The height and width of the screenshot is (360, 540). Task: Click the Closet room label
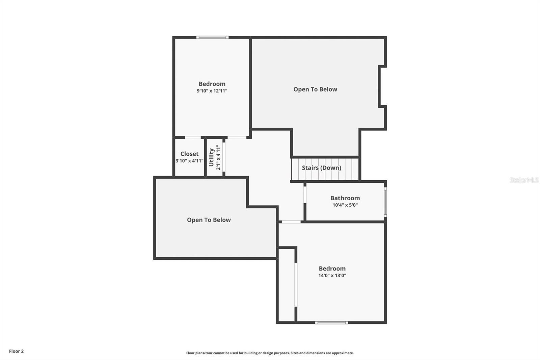(x=189, y=154)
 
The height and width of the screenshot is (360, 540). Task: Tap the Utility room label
(x=212, y=157)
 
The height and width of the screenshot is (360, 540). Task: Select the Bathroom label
(x=345, y=198)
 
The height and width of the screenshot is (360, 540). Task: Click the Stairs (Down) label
(x=321, y=168)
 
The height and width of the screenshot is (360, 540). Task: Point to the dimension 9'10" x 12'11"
(x=212, y=91)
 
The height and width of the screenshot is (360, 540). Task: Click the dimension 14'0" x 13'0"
(x=332, y=276)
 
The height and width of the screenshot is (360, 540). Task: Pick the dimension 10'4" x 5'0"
(x=345, y=205)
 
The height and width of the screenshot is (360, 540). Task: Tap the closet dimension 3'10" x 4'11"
(x=189, y=161)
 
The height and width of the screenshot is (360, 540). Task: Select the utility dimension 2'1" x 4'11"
(x=218, y=157)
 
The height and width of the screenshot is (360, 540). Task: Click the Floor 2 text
(x=16, y=351)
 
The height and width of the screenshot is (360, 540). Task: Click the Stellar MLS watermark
(x=524, y=180)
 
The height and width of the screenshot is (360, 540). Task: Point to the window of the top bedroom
(x=212, y=37)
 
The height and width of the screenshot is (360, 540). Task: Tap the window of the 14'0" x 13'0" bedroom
(x=331, y=323)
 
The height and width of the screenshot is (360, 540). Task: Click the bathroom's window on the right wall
(x=385, y=202)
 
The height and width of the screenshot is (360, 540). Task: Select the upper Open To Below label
(x=315, y=89)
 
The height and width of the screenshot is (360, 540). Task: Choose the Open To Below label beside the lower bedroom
(x=209, y=220)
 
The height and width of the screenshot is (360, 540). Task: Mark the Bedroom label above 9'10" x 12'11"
(x=212, y=84)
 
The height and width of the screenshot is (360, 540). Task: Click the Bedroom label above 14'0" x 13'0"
(x=332, y=269)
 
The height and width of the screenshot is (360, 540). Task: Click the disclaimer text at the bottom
(x=270, y=353)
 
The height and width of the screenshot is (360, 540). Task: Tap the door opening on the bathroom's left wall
(x=305, y=195)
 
